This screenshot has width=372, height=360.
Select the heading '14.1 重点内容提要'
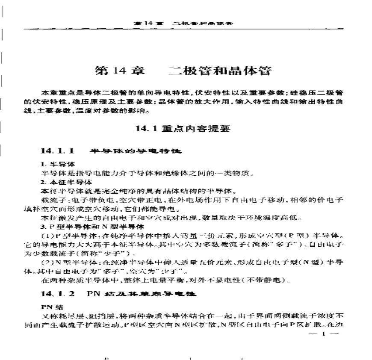pyautogui.click(x=183, y=128)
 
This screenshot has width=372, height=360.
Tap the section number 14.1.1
pyautogui.click(x=58, y=151)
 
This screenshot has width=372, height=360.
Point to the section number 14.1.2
pyautogui.click(x=58, y=294)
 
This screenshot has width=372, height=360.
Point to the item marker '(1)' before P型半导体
pyautogui.click(x=46, y=236)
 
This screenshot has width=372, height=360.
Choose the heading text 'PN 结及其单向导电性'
pyautogui.click(x=141, y=294)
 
